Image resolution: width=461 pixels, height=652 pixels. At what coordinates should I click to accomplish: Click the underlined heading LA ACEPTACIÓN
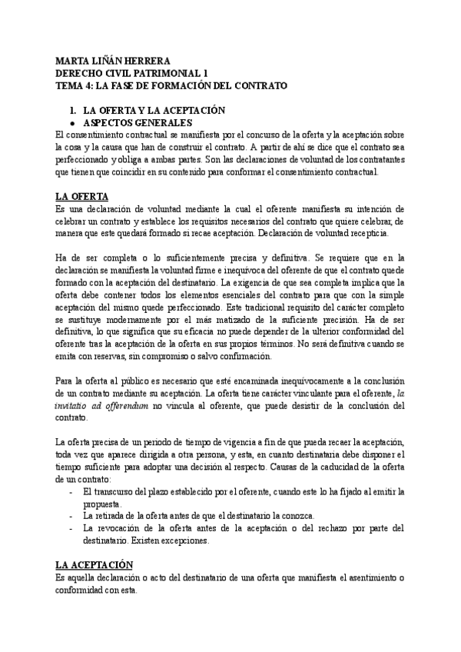point(99,565)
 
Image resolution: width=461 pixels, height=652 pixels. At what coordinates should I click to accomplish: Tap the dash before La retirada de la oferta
point(71,515)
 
